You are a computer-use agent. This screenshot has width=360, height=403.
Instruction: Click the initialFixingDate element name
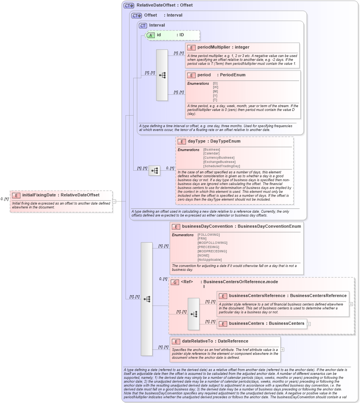tap(39, 195)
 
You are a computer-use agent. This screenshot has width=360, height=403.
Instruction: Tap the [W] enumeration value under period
tap(215, 87)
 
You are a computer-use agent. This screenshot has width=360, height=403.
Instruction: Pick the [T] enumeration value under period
tap(215, 100)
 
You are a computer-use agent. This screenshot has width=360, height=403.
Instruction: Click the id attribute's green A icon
tap(151, 35)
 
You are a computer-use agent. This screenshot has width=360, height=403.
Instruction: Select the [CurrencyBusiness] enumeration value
tap(219, 158)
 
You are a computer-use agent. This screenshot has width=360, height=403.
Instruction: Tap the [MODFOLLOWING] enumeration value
tap(212, 243)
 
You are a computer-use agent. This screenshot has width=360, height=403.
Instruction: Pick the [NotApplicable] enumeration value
tap(210, 260)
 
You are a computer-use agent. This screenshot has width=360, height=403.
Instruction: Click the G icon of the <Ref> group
tap(175, 282)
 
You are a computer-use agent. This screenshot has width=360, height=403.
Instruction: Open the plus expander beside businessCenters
tap(309, 324)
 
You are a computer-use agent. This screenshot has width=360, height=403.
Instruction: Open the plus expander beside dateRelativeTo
tap(283, 349)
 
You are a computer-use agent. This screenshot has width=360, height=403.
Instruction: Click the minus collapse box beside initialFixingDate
tap(114, 201)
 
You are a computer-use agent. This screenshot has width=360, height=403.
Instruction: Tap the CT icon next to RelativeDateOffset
tap(129, 5)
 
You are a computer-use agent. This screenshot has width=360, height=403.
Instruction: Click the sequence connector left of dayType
tap(154, 171)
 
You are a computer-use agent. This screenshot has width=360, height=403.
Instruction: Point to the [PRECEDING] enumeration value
tap(208, 247)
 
